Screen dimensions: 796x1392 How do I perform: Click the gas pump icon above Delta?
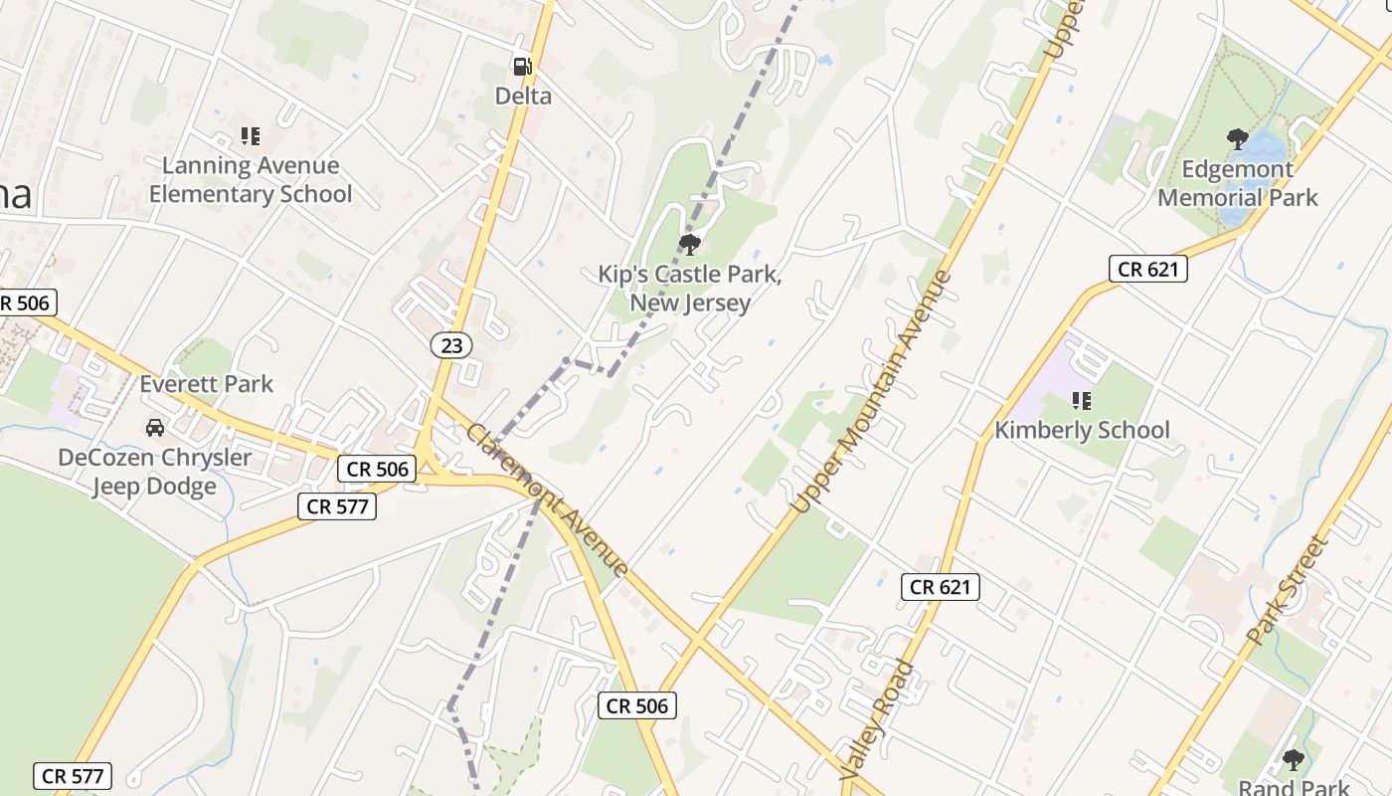522,67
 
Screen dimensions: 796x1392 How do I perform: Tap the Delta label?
524,97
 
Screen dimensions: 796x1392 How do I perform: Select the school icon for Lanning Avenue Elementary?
250,135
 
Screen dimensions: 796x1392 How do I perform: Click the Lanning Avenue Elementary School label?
251,180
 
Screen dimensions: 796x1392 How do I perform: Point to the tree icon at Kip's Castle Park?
689,244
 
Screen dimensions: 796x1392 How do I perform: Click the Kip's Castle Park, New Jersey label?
690,289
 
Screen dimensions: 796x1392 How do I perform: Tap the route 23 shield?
451,345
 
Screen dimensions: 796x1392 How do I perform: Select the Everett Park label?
206,384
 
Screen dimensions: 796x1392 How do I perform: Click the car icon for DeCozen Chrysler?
155,428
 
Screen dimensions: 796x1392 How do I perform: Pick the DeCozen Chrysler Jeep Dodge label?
155,473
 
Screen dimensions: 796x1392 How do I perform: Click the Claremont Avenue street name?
547,500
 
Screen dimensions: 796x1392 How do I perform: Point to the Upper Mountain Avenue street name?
872,392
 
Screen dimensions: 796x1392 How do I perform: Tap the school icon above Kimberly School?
1082,401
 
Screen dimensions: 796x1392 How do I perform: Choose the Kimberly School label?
1083,431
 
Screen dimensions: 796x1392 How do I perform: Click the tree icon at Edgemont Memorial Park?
1238,138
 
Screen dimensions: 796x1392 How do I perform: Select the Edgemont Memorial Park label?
1238,183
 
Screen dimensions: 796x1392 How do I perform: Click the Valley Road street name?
876,719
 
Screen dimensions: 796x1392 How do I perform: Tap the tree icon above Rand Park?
1293,761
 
